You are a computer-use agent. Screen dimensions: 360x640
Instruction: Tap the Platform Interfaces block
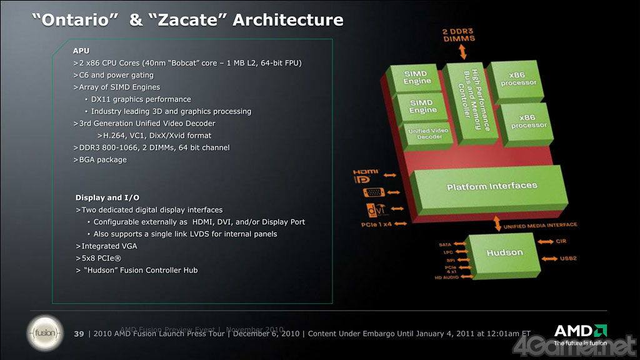[x=492, y=186]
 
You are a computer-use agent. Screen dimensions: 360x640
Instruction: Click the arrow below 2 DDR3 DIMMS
[x=463, y=52]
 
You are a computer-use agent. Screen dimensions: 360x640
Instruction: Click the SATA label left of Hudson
[x=446, y=244]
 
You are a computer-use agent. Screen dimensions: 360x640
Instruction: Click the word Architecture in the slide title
[x=287, y=20]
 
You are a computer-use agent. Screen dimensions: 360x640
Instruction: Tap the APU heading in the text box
[x=81, y=51]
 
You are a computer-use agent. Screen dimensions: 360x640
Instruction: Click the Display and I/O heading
[x=107, y=198]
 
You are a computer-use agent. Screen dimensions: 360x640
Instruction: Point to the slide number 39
[x=79, y=333]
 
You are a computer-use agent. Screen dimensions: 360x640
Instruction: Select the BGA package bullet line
[x=100, y=159]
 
